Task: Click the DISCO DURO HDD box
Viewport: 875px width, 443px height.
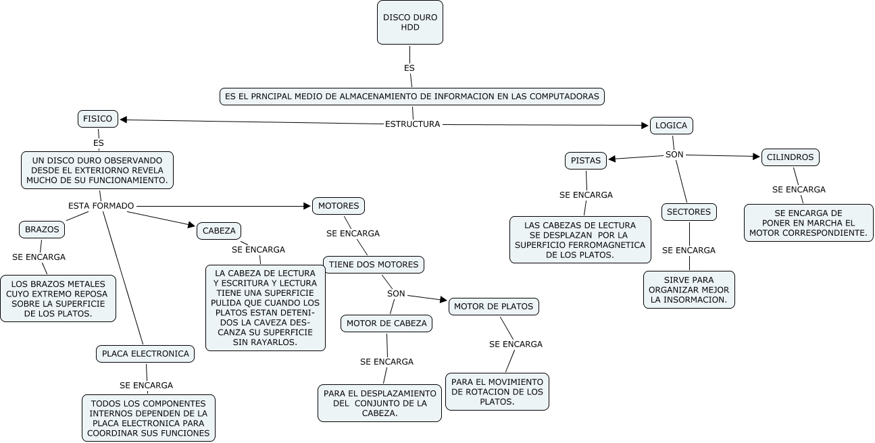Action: pyautogui.click(x=410, y=22)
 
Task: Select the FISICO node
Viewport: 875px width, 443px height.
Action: pyautogui.click(x=98, y=119)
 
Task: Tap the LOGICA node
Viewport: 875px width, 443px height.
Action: pyautogui.click(x=671, y=126)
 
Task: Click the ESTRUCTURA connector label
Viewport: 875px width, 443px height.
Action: pyautogui.click(x=412, y=124)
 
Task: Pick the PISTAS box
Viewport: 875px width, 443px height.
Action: pyautogui.click(x=585, y=161)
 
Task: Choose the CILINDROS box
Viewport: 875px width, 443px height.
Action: pyautogui.click(x=791, y=157)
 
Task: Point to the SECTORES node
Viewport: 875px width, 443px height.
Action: pyautogui.click(x=689, y=212)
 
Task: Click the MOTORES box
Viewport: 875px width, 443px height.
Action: pyautogui.click(x=339, y=205)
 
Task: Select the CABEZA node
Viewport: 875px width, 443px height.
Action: pyautogui.click(x=219, y=231)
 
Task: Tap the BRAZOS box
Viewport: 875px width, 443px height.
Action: pyautogui.click(x=42, y=230)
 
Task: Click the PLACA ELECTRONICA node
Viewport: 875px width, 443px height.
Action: pyautogui.click(x=145, y=353)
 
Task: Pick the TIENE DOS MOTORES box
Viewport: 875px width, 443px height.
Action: pyautogui.click(x=374, y=265)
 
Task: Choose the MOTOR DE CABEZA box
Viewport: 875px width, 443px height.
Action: pyautogui.click(x=386, y=323)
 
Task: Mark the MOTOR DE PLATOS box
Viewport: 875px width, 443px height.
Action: pyautogui.click(x=493, y=307)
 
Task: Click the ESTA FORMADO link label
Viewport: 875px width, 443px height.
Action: pyautogui.click(x=101, y=205)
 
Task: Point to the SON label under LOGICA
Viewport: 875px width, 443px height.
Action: pyautogui.click(x=674, y=155)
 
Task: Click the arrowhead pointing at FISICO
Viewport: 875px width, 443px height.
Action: pyautogui.click(x=124, y=120)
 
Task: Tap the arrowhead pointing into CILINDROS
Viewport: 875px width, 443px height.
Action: pyautogui.click(x=757, y=157)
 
